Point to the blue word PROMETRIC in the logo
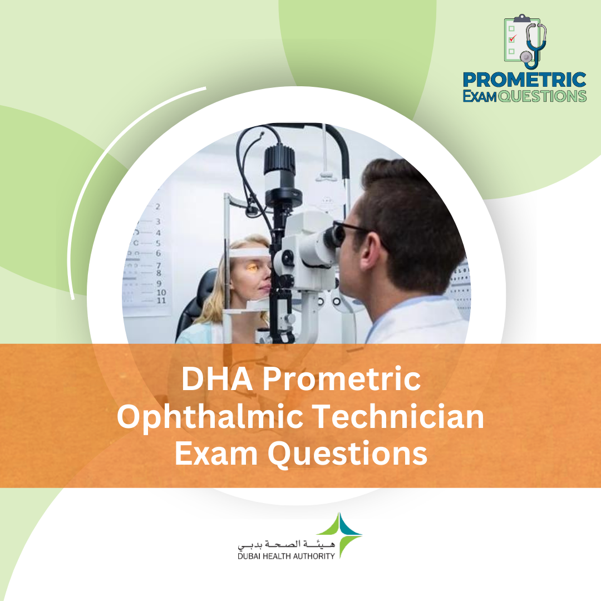coord(525,80)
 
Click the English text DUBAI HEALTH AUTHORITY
coord(285,555)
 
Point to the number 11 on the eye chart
coord(161,301)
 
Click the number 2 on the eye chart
coord(158,206)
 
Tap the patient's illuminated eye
coord(252,268)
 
